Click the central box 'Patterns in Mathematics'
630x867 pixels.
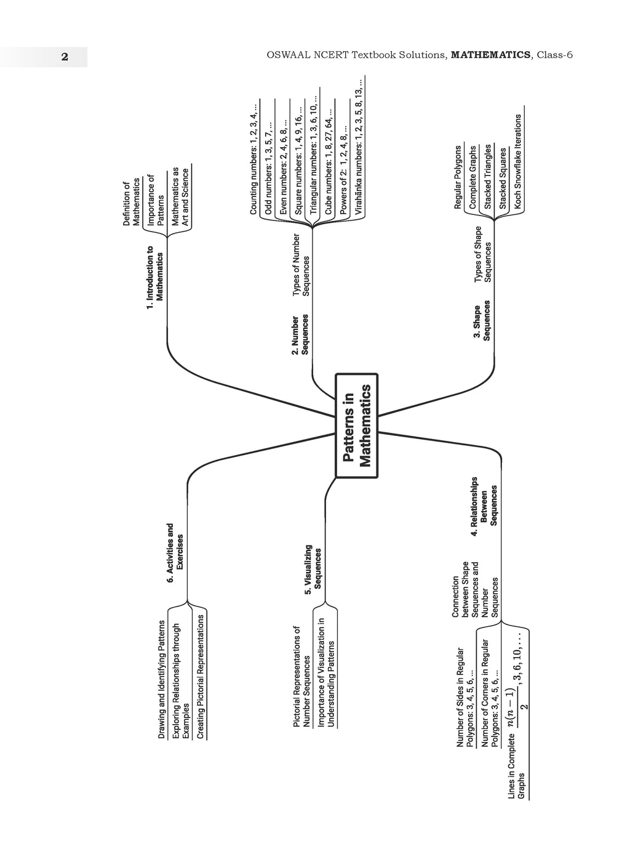pos(356,425)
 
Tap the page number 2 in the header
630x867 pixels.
pos(65,57)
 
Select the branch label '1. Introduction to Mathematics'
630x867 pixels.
pos(154,277)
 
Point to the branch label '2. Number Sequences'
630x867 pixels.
pos(300,334)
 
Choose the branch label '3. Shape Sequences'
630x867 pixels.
pos(482,320)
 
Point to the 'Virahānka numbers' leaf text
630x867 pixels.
pos(359,147)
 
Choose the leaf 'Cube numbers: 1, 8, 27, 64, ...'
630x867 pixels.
pos(329,162)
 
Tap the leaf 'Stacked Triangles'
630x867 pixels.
pos(488,177)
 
